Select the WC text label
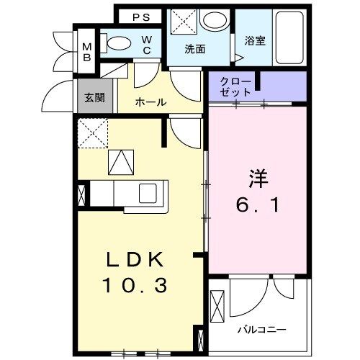[x=146, y=44]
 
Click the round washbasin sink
[x=213, y=20]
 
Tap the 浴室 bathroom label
[x=255, y=41]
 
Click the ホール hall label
[x=150, y=102]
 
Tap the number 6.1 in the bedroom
[x=257, y=205]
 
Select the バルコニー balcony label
[x=263, y=330]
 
